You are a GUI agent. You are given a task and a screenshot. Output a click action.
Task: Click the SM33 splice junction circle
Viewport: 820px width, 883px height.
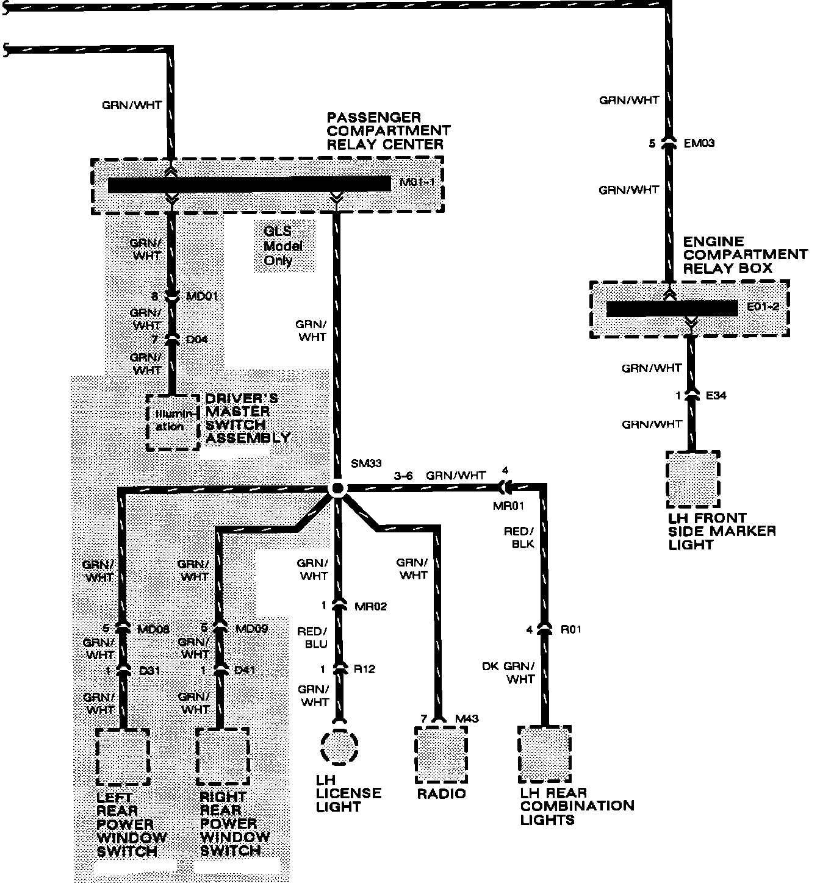[337, 488]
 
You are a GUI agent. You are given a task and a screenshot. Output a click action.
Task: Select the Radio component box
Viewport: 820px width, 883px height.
[441, 755]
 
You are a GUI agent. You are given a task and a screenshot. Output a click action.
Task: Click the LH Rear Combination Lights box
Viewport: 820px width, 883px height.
[544, 754]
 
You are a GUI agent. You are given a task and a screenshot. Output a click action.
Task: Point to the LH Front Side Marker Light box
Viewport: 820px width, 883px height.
[693, 480]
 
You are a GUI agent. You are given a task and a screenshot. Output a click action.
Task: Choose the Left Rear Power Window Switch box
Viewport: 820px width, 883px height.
[123, 757]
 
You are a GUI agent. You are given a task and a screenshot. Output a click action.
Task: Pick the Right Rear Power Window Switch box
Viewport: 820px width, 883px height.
[223, 757]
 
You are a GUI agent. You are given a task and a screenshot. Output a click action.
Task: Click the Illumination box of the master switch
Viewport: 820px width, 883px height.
[174, 421]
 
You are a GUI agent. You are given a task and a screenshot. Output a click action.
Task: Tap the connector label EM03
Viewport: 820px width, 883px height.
[699, 144]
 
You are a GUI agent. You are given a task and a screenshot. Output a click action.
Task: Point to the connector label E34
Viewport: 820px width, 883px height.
[716, 396]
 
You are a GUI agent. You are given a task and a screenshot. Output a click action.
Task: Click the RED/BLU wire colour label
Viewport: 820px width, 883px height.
[312, 638]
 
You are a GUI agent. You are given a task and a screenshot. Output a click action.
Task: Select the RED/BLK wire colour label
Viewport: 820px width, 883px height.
[519, 537]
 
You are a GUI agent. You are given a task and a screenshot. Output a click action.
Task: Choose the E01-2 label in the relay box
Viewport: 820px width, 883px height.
[763, 307]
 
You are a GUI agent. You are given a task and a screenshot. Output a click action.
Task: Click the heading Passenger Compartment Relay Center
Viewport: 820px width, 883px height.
[388, 130]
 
